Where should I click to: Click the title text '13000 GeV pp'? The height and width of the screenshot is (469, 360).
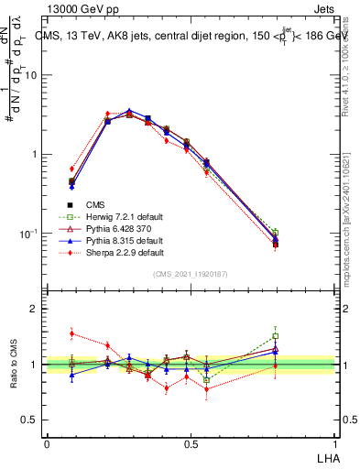pos(78,8)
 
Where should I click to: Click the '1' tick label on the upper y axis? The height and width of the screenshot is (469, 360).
pos(34,154)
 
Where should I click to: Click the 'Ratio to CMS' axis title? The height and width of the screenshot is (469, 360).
pos(13,364)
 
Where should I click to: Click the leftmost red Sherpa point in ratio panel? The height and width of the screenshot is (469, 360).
pos(72,333)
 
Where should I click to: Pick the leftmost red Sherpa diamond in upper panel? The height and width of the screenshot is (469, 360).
pos(72,169)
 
